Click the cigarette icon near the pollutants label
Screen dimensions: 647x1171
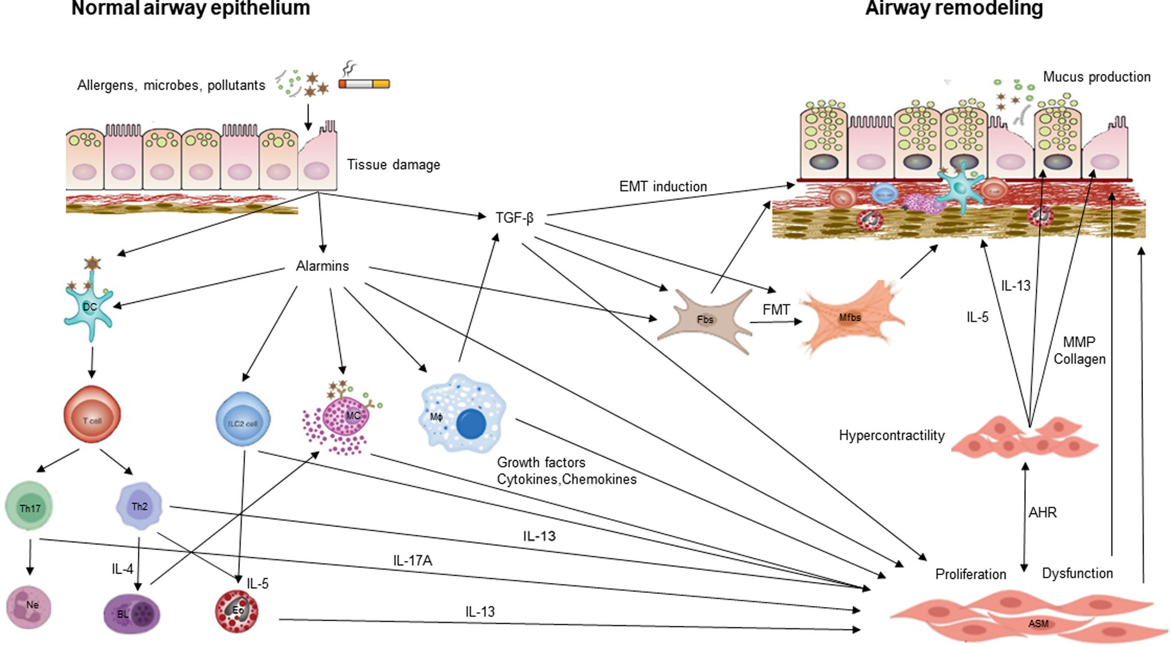(x=364, y=84)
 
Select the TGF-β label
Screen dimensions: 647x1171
(x=514, y=218)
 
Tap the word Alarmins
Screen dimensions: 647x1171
(x=322, y=266)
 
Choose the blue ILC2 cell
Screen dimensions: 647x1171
(x=243, y=419)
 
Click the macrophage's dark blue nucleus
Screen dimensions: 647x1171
(x=471, y=424)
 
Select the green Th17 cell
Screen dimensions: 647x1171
(x=29, y=507)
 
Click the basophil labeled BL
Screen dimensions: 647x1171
(x=132, y=614)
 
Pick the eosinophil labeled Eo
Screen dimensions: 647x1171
(x=237, y=611)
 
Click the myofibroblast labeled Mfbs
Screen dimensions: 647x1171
(x=849, y=317)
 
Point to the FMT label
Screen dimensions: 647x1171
(x=776, y=310)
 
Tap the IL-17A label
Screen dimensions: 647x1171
(x=412, y=561)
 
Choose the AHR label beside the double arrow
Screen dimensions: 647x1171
(x=1042, y=512)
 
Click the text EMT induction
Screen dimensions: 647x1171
(x=663, y=187)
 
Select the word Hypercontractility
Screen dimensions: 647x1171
(x=891, y=435)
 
